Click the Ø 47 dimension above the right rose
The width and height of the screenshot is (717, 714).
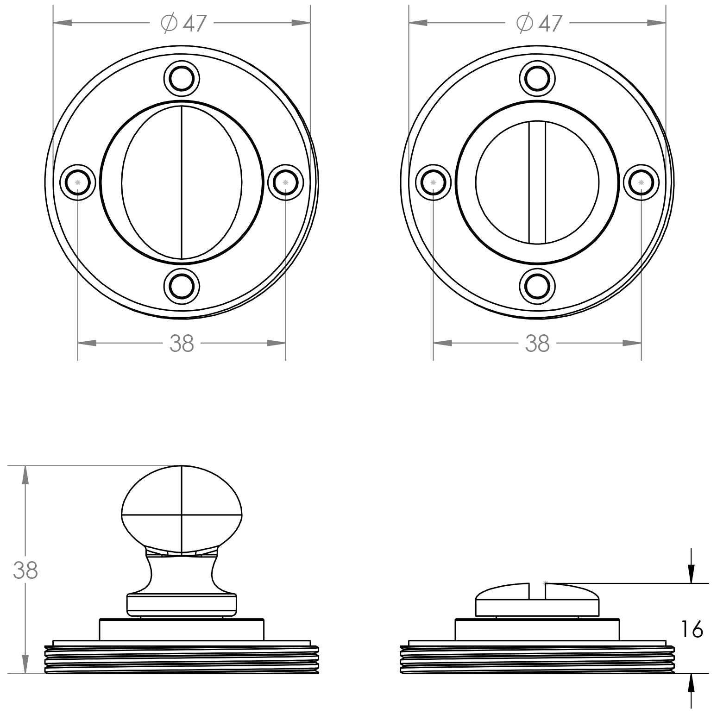pos(539,23)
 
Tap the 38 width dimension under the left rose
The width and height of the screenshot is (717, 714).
pos(182,343)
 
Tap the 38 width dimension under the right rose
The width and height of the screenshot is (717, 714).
pos(537,343)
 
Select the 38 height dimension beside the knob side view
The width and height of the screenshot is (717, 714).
pos(25,570)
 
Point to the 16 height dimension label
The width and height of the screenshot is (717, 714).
pos(692,630)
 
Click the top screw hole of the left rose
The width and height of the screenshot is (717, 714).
pos(182,79)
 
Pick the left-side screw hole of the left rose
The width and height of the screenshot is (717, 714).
pos(78,182)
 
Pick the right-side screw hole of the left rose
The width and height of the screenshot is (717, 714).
pos(285,182)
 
